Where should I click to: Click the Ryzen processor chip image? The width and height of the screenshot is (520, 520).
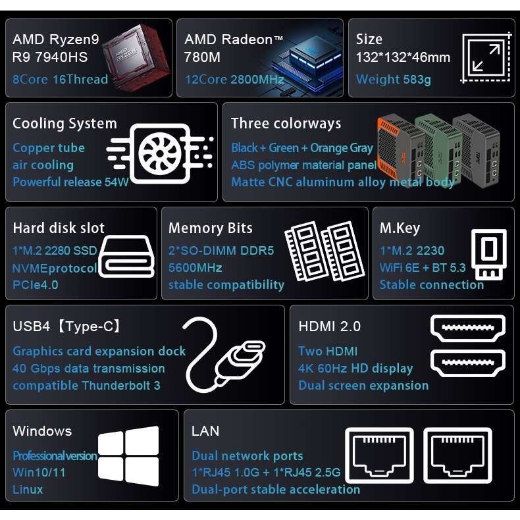click(x=136, y=57)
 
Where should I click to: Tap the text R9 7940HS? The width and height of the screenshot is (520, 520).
click(x=50, y=57)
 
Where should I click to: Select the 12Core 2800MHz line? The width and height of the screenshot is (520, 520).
click(x=234, y=79)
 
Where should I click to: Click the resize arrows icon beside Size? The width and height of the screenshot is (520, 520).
click(x=486, y=57)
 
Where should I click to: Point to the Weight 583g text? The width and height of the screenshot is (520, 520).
click(x=394, y=80)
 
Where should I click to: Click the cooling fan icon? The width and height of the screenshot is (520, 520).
click(x=160, y=153)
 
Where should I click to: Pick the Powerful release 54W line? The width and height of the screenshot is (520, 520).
click(x=70, y=182)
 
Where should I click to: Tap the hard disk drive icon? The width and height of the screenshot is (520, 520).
click(x=126, y=256)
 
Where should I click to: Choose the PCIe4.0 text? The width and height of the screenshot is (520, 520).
click(x=36, y=285)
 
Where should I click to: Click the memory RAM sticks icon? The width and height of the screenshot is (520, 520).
click(x=325, y=251)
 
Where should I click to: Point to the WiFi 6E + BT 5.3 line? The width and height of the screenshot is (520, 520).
click(x=423, y=268)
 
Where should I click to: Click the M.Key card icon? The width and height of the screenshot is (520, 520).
click(x=489, y=254)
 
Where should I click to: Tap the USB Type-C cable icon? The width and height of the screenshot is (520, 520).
click(x=223, y=355)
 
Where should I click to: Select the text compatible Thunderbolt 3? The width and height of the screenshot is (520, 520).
click(x=86, y=385)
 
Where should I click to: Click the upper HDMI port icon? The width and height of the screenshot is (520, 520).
click(x=467, y=328)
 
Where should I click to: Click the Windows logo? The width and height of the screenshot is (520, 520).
click(x=128, y=455)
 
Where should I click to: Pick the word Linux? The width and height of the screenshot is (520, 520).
click(x=28, y=490)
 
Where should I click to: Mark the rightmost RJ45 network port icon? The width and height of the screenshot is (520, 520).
click(x=457, y=455)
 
